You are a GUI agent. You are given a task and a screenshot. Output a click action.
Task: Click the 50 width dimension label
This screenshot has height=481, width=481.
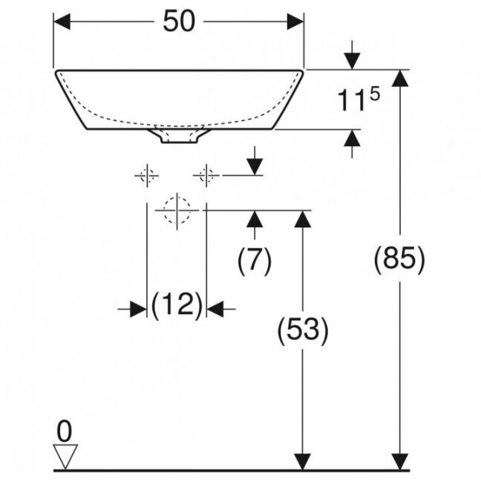click(179, 21)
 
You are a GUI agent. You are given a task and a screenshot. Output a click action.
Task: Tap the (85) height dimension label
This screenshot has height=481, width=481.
click(399, 258)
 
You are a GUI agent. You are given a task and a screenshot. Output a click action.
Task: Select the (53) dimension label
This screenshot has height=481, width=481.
click(303, 329)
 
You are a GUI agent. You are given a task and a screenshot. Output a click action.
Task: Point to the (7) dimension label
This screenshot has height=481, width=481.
click(255, 261)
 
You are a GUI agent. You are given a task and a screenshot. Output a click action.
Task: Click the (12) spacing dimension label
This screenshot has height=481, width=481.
click(177, 305)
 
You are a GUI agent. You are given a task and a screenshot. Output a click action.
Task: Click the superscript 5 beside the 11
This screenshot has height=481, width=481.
click(375, 94)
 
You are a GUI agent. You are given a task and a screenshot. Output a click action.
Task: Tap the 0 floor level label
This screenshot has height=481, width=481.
click(65, 431)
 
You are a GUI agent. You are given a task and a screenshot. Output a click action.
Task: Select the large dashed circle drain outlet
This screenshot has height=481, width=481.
click(177, 211)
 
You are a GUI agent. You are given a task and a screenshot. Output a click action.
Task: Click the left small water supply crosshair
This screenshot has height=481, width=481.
click(147, 175)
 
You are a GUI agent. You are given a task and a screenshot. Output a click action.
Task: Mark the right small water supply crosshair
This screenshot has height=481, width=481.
click(206, 175)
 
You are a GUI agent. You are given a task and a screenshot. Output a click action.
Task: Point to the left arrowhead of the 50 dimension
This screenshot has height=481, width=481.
click(62, 22)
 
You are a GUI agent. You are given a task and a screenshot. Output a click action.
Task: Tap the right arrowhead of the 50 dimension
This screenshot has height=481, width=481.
click(295, 22)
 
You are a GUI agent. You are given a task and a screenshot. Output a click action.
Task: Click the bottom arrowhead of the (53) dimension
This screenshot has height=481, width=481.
click(303, 462)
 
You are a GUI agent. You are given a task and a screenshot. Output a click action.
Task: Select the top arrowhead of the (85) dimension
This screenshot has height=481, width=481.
click(400, 78)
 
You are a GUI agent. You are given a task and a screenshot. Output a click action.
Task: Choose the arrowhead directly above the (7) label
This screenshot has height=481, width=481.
click(255, 219)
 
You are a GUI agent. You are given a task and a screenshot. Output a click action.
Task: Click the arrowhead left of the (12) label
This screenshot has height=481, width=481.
click(138, 310)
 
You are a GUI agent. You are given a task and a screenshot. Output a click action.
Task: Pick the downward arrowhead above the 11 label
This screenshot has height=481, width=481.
click(352, 62)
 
